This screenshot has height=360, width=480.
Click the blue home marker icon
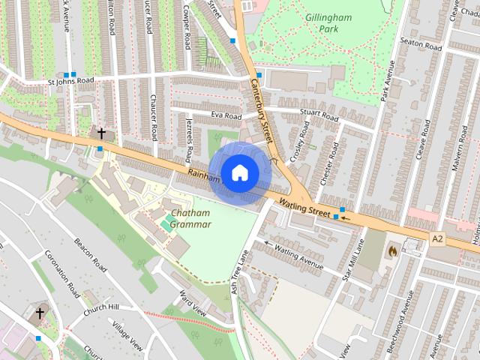[x=238, y=173]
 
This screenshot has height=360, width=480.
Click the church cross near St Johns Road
[x=102, y=133]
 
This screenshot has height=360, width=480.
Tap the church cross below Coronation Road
[x=40, y=312]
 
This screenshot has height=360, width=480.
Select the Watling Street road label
[x=304, y=208]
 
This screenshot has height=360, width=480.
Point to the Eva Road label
[x=226, y=116]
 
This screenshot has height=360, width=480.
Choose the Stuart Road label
[x=319, y=115]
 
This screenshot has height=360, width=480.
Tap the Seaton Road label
[x=421, y=43]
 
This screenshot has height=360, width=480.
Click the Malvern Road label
[x=459, y=150]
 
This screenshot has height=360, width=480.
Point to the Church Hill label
[x=101, y=307]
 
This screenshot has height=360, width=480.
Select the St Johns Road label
[x=70, y=80]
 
